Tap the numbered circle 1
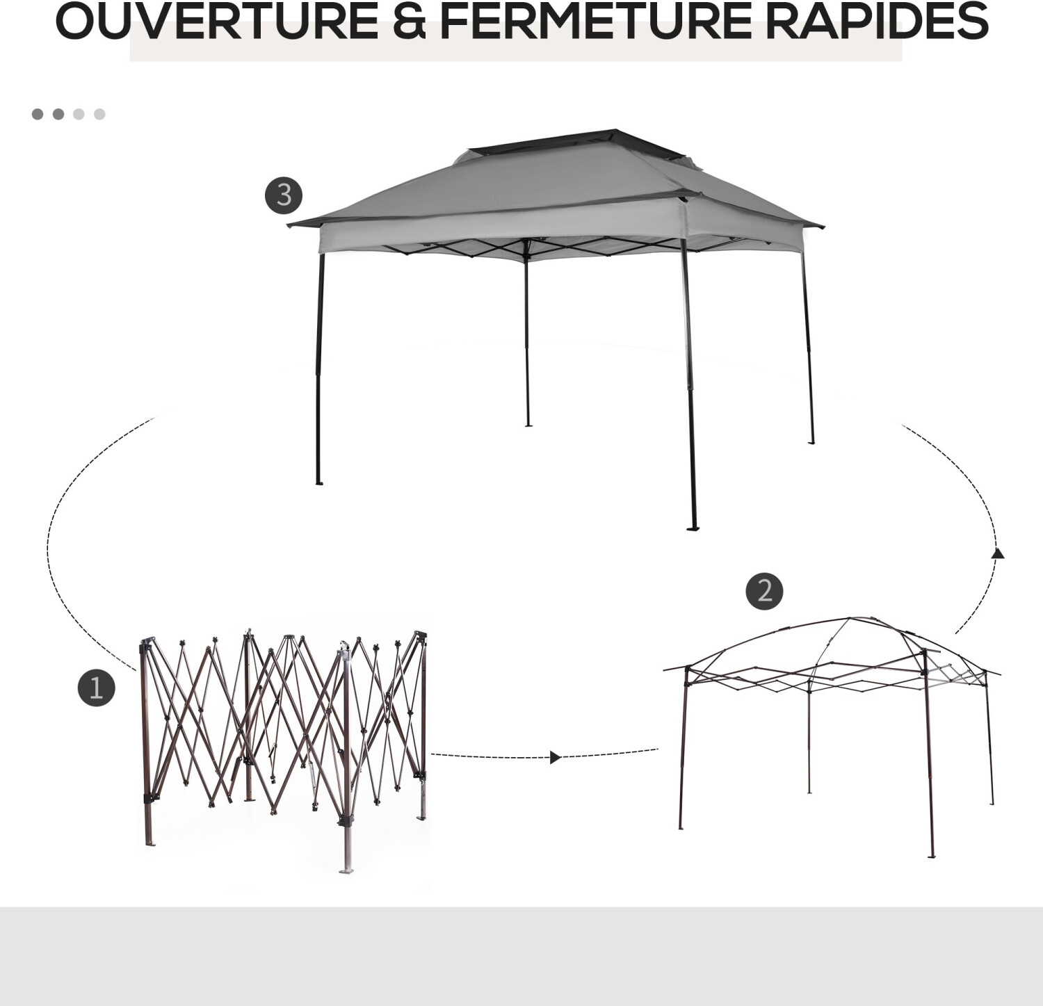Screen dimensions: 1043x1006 [x=96, y=688]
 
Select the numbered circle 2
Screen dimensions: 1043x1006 [x=764, y=592]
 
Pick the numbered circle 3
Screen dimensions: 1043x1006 [x=284, y=195]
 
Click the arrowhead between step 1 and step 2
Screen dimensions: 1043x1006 [x=555, y=757]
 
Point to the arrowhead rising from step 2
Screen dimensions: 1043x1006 [x=998, y=553]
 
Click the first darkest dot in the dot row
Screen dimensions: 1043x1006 [x=38, y=114]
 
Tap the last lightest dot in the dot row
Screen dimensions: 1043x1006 [x=99, y=114]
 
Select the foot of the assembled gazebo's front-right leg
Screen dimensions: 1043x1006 [x=693, y=528]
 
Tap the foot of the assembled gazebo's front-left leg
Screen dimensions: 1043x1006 [x=319, y=482]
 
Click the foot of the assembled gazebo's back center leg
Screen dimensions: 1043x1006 [x=528, y=424]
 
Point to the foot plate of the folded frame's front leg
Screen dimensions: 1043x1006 [x=346, y=869]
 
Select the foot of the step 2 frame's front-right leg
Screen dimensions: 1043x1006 [x=931, y=855]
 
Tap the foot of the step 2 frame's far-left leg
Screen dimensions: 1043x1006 [x=681, y=827]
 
